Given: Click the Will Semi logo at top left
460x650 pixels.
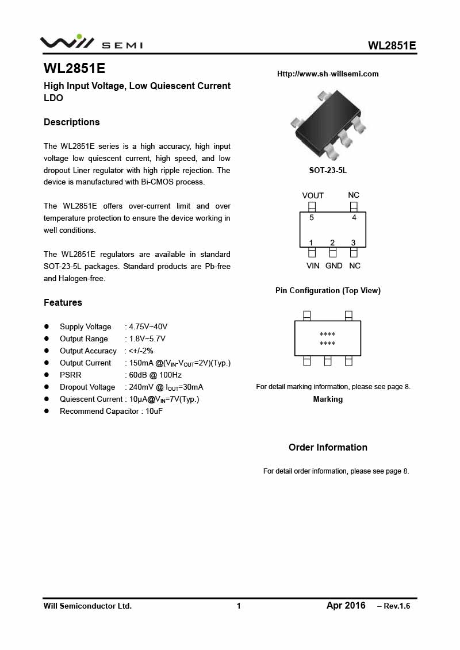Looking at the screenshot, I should pyautogui.click(x=91, y=43).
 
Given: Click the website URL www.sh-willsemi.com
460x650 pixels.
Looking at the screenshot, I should pyautogui.click(x=328, y=74).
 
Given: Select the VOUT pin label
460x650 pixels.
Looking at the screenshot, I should pyautogui.click(x=313, y=195).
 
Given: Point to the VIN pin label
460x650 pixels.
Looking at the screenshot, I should pyautogui.click(x=313, y=266).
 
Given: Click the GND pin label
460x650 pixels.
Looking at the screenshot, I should pyautogui.click(x=333, y=266).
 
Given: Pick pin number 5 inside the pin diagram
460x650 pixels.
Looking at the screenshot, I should pyautogui.click(x=312, y=218).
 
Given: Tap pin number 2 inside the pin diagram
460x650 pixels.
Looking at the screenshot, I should pyautogui.click(x=332, y=243).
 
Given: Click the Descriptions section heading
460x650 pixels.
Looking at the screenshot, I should pyautogui.click(x=72, y=122).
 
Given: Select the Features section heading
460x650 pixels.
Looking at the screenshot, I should pyautogui.click(x=63, y=302).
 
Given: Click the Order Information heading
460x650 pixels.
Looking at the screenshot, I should pyautogui.click(x=328, y=447).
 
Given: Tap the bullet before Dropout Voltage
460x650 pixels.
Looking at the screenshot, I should pyautogui.click(x=47, y=387).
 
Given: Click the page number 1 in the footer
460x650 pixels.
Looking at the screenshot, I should pyautogui.click(x=239, y=606).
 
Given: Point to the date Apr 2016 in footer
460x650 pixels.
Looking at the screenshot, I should pyautogui.click(x=346, y=605).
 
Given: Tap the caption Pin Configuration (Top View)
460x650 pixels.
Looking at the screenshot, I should pyautogui.click(x=328, y=290).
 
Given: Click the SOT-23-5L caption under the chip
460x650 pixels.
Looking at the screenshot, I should pyautogui.click(x=328, y=171).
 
